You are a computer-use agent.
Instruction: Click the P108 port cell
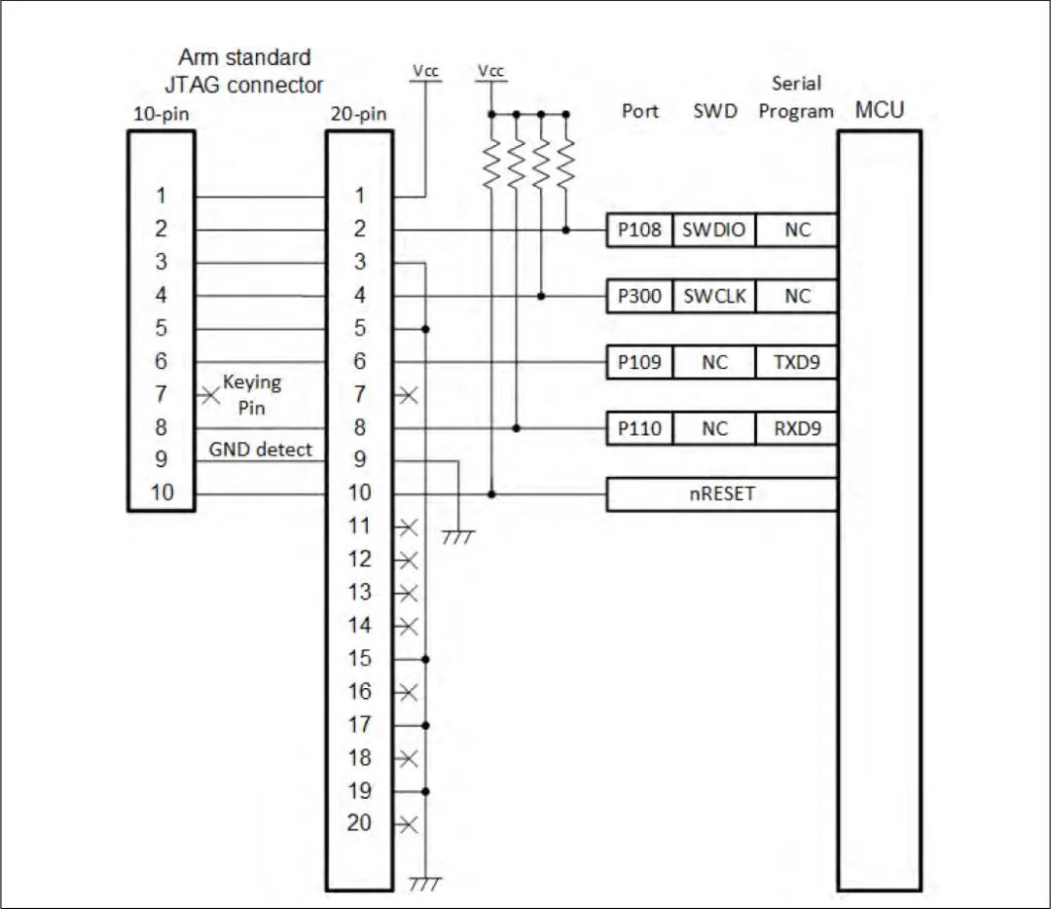point(638,231)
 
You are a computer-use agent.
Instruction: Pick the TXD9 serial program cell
point(796,362)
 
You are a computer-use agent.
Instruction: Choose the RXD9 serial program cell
point(796,428)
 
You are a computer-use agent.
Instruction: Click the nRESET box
point(721,494)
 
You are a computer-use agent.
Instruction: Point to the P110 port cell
point(638,428)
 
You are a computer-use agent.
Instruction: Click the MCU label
point(879,110)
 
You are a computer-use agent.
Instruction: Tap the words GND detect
point(261,449)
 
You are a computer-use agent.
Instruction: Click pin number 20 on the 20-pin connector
point(359,823)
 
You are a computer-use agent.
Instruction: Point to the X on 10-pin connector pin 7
point(208,395)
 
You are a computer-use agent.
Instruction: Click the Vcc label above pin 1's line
point(425,71)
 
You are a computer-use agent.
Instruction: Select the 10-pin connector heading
point(161,114)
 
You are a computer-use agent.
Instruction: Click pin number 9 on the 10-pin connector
point(161,459)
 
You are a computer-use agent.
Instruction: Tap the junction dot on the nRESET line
point(491,494)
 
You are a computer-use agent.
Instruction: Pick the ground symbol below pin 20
point(425,884)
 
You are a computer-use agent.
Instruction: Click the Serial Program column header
point(796,97)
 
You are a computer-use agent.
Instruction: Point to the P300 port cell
point(638,297)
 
